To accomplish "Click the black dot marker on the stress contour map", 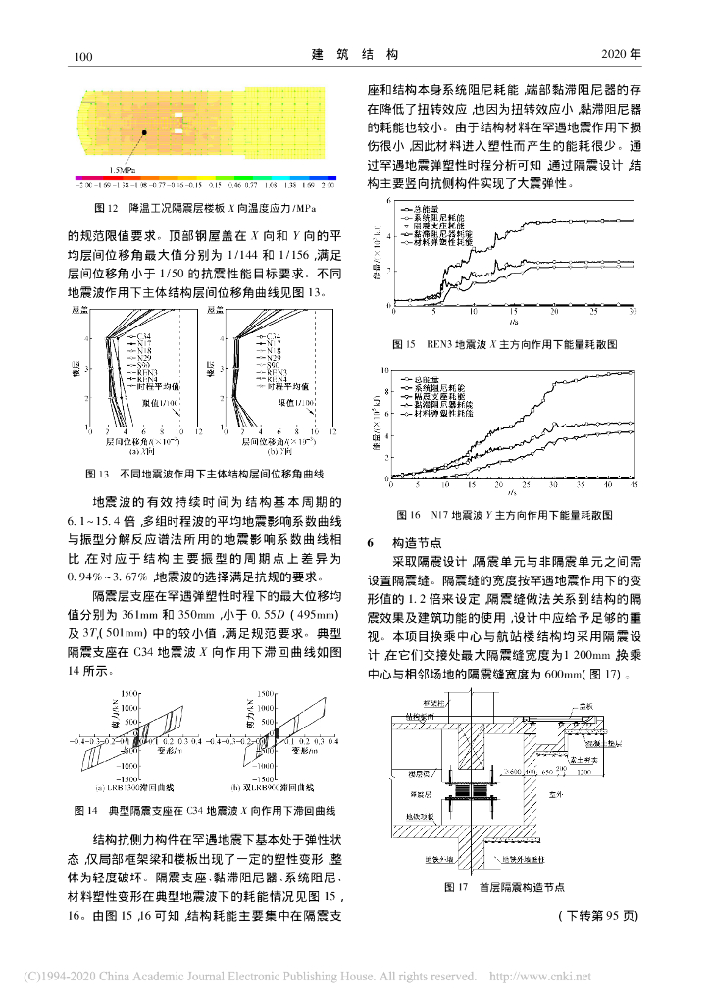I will tap(143, 131).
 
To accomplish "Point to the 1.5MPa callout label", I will tap(124, 169).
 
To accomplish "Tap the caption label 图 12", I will tap(105, 209).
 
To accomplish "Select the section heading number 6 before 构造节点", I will tap(370, 541).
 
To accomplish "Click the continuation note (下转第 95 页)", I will tap(599, 916).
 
